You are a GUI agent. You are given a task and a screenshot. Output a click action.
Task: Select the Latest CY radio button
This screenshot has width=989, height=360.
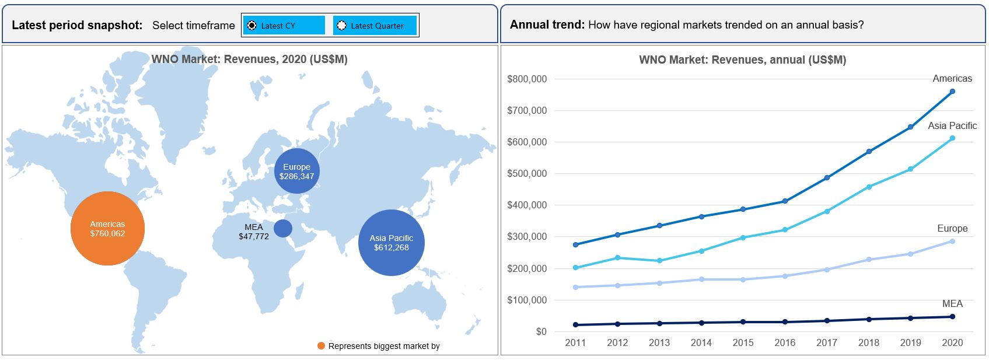point(251,26)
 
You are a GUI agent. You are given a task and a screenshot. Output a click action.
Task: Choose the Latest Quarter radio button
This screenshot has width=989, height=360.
point(342,26)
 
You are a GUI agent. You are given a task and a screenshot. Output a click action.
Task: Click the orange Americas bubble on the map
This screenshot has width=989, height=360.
point(108,228)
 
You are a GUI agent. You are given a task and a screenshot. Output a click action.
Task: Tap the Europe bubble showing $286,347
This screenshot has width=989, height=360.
point(296,171)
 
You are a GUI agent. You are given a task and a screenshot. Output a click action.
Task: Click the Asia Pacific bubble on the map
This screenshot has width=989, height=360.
point(391,243)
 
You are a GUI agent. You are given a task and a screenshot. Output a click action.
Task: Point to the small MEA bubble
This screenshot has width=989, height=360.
point(283,228)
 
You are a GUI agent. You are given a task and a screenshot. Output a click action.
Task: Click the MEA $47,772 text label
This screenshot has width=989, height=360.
point(254,232)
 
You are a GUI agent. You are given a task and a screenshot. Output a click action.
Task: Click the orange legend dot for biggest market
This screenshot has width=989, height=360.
point(321,346)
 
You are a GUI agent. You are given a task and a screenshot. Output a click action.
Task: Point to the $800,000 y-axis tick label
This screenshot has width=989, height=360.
point(527,79)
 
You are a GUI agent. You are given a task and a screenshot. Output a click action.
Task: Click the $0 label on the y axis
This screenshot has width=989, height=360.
point(541,331)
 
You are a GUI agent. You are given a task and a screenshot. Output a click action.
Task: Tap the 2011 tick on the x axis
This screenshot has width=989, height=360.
point(575,342)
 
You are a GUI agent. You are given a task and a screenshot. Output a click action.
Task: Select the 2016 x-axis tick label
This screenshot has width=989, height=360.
point(785,342)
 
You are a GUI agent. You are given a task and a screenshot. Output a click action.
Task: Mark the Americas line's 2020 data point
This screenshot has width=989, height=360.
point(952,92)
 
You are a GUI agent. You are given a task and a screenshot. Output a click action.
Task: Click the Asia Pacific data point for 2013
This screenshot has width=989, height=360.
point(660,261)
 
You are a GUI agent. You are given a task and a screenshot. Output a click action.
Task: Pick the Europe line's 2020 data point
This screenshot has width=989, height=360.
point(952,241)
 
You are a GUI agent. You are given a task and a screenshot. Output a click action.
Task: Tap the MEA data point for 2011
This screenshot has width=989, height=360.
point(575,324)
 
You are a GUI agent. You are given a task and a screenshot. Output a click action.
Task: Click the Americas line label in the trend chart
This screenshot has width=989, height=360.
point(952,79)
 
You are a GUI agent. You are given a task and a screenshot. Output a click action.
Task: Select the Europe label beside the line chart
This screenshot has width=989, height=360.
point(952,228)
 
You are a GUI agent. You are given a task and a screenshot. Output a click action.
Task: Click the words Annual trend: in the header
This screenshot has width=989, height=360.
point(547,25)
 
